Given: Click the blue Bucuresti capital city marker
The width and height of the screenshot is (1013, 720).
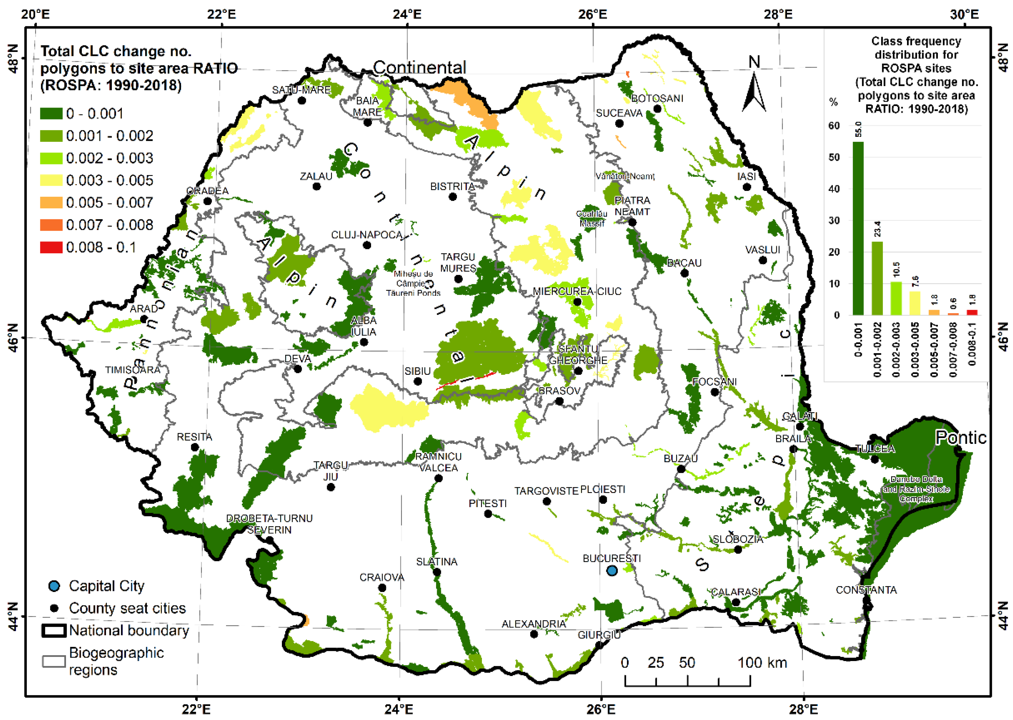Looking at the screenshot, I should (611, 571).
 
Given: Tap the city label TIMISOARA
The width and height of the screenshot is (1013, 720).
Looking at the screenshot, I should (133, 370).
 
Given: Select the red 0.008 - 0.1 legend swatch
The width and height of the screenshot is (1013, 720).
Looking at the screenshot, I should (51, 247).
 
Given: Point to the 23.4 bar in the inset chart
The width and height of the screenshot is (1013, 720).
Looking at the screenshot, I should (877, 278).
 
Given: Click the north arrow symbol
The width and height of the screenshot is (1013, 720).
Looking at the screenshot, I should (754, 89).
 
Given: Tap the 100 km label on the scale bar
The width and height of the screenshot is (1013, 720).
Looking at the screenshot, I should (762, 663).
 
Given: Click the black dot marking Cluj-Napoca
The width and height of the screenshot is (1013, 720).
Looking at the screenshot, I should (367, 246).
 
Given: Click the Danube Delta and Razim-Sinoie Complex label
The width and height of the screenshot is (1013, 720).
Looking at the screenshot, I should (916, 489).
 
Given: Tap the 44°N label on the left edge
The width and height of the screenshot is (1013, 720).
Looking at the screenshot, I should (13, 616).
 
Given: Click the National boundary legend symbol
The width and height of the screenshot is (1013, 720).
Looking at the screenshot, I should (54, 630).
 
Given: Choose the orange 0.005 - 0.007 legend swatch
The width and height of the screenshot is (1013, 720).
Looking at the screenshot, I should (51, 203).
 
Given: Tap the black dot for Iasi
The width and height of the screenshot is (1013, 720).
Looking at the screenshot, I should (747, 187).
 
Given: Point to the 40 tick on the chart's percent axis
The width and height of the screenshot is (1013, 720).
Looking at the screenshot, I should (834, 189).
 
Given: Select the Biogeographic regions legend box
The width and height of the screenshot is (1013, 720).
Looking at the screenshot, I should (54, 661).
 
